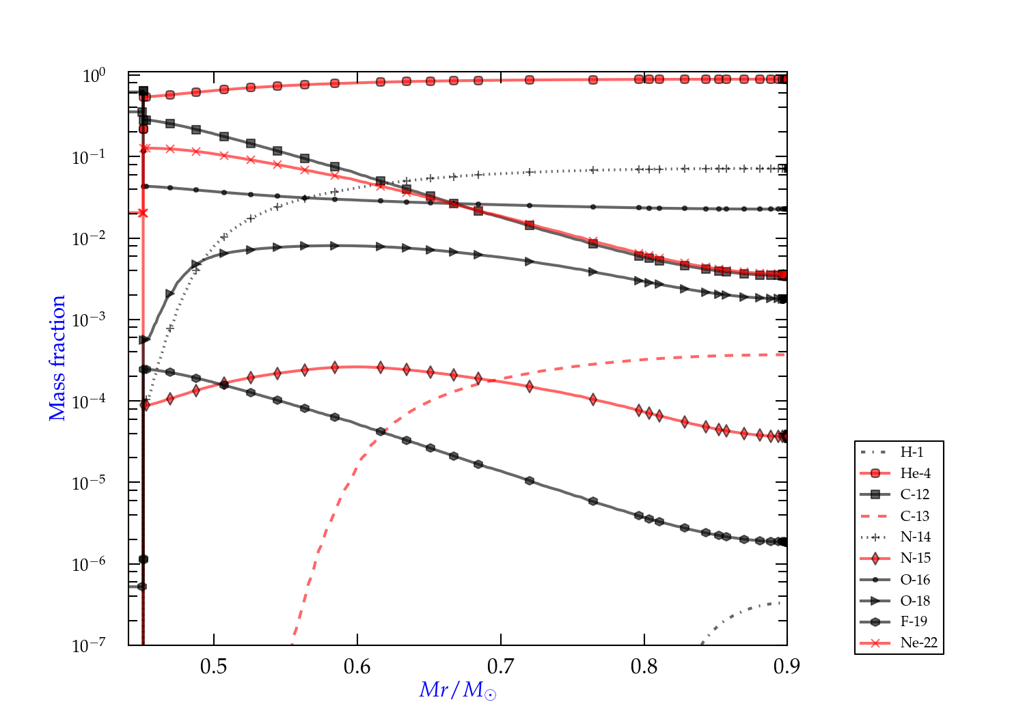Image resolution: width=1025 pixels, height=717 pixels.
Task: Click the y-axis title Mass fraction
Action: pyautogui.click(x=57, y=358)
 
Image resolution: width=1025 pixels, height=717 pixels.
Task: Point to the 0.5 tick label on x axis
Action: pyautogui.click(x=214, y=666)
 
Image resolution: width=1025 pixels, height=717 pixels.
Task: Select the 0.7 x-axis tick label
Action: pyautogui.click(x=501, y=666)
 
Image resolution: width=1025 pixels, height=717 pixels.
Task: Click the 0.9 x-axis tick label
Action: pyautogui.click(x=787, y=666)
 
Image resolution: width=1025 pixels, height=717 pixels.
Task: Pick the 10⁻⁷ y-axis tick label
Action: pyautogui.click(x=89, y=645)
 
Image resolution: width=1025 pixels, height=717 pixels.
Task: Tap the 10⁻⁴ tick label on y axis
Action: pyautogui.click(x=89, y=401)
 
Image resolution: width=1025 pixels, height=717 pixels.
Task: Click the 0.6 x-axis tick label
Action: pyautogui.click(x=357, y=666)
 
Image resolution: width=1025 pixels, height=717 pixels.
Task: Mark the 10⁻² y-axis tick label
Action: pyautogui.click(x=89, y=238)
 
